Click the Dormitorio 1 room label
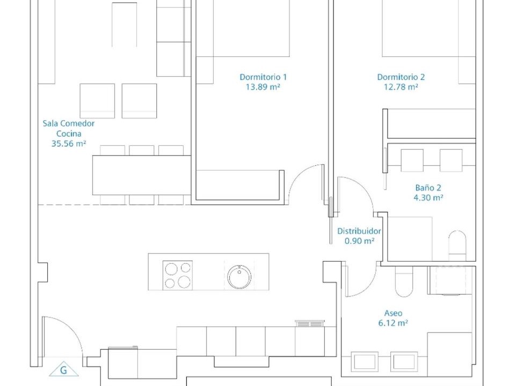pyautogui.click(x=263, y=77)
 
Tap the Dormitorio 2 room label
pyautogui.click(x=401, y=77)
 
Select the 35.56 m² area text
pyautogui.click(x=69, y=144)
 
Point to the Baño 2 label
pyautogui.click(x=428, y=188)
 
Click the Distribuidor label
pyautogui.click(x=359, y=231)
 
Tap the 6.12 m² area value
pyautogui.click(x=393, y=323)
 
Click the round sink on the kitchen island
pyautogui.click(x=239, y=277)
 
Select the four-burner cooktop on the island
pyautogui.click(x=178, y=275)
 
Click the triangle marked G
pyautogui.click(x=63, y=369)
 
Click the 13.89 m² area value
pyautogui.click(x=263, y=87)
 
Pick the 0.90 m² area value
pyautogui.click(x=359, y=241)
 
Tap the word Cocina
pyautogui.click(x=69, y=133)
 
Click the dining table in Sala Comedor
pyautogui.click(x=142, y=175)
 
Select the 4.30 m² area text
pyautogui.click(x=428, y=197)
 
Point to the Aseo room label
pyautogui.click(x=393, y=313)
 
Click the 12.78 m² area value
pyautogui.click(x=401, y=87)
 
